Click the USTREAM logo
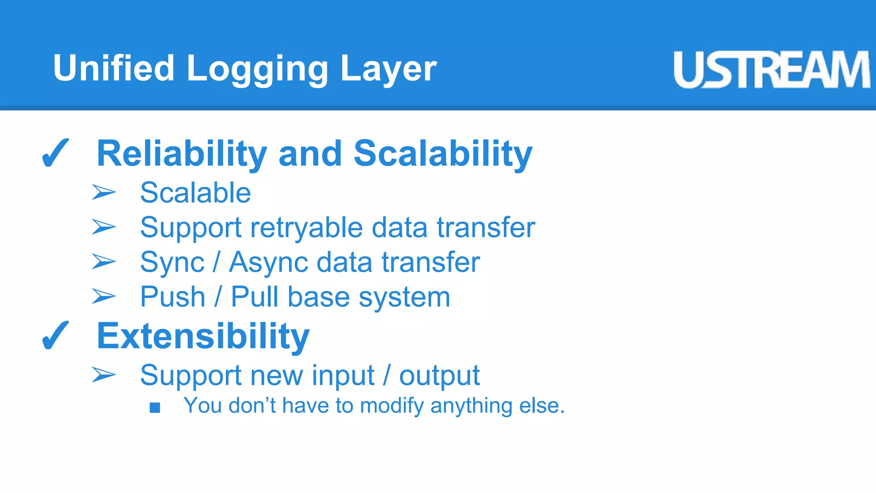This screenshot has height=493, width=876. [x=771, y=69]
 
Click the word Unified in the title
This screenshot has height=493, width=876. [x=114, y=68]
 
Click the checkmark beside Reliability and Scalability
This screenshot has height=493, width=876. [x=55, y=153]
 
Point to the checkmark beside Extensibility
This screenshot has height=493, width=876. [x=55, y=336]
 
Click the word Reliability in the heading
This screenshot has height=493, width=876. [x=182, y=154]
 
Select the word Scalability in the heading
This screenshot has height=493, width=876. [x=443, y=154]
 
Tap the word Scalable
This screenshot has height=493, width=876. [x=195, y=193]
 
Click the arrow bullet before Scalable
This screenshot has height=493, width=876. [x=104, y=192]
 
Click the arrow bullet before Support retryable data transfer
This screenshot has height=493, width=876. [x=104, y=227]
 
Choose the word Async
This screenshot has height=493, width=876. [x=269, y=262]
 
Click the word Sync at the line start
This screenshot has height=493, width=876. [x=172, y=262]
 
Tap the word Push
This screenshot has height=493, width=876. [x=173, y=297]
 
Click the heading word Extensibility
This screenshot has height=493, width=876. [x=203, y=336]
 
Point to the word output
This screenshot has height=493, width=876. [x=439, y=376]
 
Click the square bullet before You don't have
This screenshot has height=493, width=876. [x=155, y=407]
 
